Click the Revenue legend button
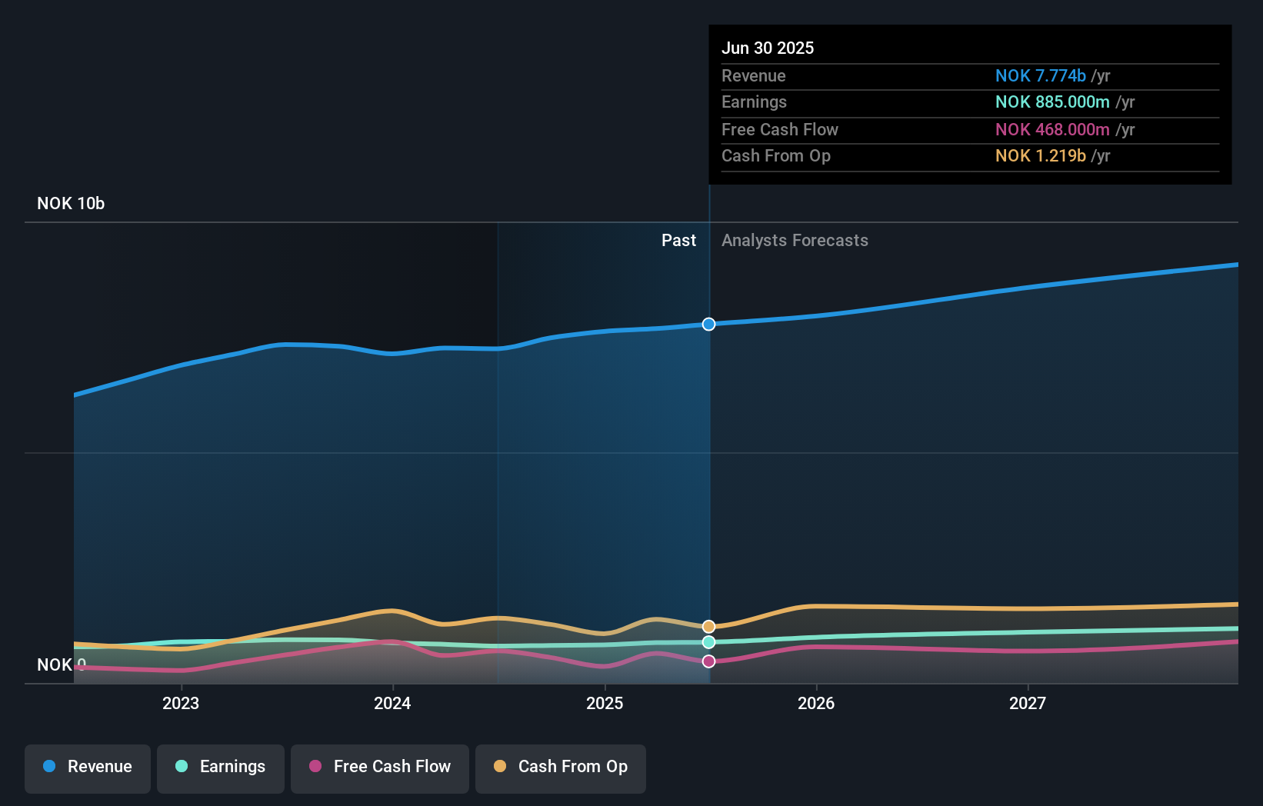[x=88, y=768]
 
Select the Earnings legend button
[x=221, y=768]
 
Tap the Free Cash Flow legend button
[x=380, y=768]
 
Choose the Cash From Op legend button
[x=561, y=768]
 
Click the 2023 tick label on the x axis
[x=181, y=704]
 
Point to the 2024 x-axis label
[x=392, y=704]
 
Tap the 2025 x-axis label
[x=605, y=704]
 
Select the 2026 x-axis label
[x=816, y=704]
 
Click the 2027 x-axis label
[x=1028, y=704]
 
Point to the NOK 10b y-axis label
[x=71, y=204]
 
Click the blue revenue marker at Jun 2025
[x=708, y=325]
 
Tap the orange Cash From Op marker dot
[x=708, y=627]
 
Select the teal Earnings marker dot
[x=708, y=642]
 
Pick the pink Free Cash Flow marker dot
[x=708, y=661]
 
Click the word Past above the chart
[x=678, y=241]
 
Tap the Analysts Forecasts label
[x=795, y=241]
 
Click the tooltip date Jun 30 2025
[x=767, y=48]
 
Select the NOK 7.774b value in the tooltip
[x=1040, y=76]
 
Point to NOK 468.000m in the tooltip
[x=1051, y=130]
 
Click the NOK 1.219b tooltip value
[x=1040, y=156]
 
